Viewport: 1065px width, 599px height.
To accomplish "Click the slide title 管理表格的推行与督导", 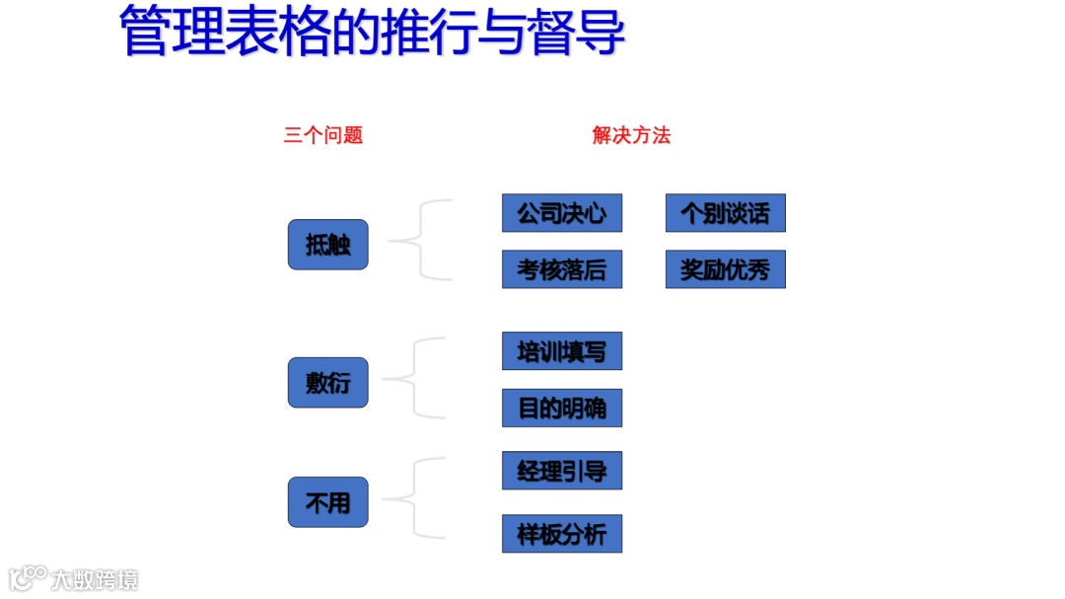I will coord(372,31).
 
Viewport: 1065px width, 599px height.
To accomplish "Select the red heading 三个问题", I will coord(323,135).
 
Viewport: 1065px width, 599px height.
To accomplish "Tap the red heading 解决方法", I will coord(631,135).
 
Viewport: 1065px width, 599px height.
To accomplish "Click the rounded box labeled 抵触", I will coord(327,245).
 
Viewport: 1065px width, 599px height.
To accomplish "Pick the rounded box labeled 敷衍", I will coord(327,382).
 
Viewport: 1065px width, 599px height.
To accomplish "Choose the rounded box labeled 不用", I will coord(327,502).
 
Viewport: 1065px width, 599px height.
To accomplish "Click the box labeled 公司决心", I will coord(562,213).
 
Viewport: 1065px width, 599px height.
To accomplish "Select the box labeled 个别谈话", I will coord(726,213).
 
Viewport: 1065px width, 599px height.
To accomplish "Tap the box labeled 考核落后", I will coord(562,269).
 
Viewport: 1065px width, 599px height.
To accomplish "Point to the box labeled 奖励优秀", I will coord(726,269).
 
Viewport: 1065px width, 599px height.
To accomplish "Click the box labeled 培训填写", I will coord(562,351).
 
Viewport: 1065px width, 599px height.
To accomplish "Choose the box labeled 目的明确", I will coord(562,408).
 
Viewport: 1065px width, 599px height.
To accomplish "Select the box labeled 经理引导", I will coord(562,471).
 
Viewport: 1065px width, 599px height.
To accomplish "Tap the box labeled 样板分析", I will coord(562,534).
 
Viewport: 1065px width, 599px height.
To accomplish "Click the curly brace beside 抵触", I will coord(418,240).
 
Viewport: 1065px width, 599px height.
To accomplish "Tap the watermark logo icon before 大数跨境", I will coord(28,577).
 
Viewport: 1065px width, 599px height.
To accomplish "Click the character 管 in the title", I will coord(145,31).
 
